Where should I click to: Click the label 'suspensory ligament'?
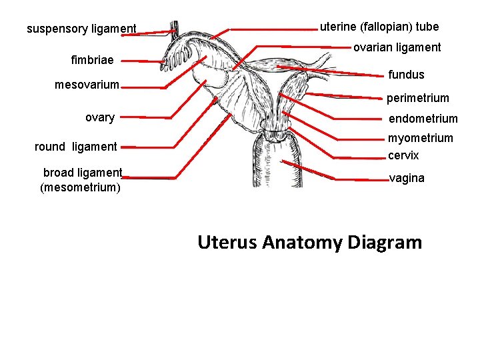81,29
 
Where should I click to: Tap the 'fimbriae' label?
92,61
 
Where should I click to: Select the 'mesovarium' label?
87,85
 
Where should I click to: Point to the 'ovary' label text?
100,118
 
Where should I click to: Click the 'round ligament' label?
75,147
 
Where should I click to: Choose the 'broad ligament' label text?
83,173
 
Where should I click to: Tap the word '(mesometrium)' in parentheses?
81,187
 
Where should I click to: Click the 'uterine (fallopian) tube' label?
379,27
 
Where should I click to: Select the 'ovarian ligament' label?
397,47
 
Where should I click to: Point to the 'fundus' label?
407,74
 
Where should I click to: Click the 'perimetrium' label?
418,98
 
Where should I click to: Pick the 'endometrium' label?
423,119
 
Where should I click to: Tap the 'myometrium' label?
421,138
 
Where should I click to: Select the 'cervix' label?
403,155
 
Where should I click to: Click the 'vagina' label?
407,179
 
